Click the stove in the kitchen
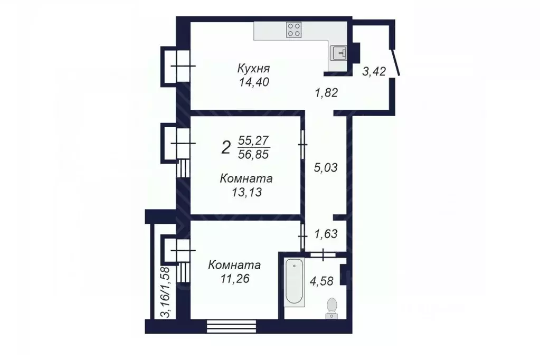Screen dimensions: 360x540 [295, 30]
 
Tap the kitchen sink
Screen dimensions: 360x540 [337, 53]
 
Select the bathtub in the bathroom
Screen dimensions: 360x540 [293, 282]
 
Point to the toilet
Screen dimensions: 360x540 [332, 307]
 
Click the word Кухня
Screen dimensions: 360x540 [253, 69]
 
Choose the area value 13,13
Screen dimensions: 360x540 [246, 193]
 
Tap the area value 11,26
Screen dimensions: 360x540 [232, 279]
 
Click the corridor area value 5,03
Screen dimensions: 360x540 [326, 168]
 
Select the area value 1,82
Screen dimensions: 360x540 [326, 93]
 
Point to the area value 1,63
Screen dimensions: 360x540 [326, 233]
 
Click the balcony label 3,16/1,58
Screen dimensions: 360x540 [165, 292]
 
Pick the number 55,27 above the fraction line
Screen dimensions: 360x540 [254, 140]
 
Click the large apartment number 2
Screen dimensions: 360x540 [226, 147]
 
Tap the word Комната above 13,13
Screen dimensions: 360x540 [246, 179]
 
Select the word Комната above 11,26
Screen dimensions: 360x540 [234, 265]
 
